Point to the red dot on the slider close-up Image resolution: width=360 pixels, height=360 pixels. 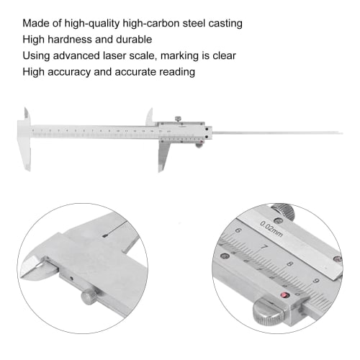[x=284, y=295]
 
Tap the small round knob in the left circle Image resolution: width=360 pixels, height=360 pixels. [x=89, y=296]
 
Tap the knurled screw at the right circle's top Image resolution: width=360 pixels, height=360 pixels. [x=288, y=211]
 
